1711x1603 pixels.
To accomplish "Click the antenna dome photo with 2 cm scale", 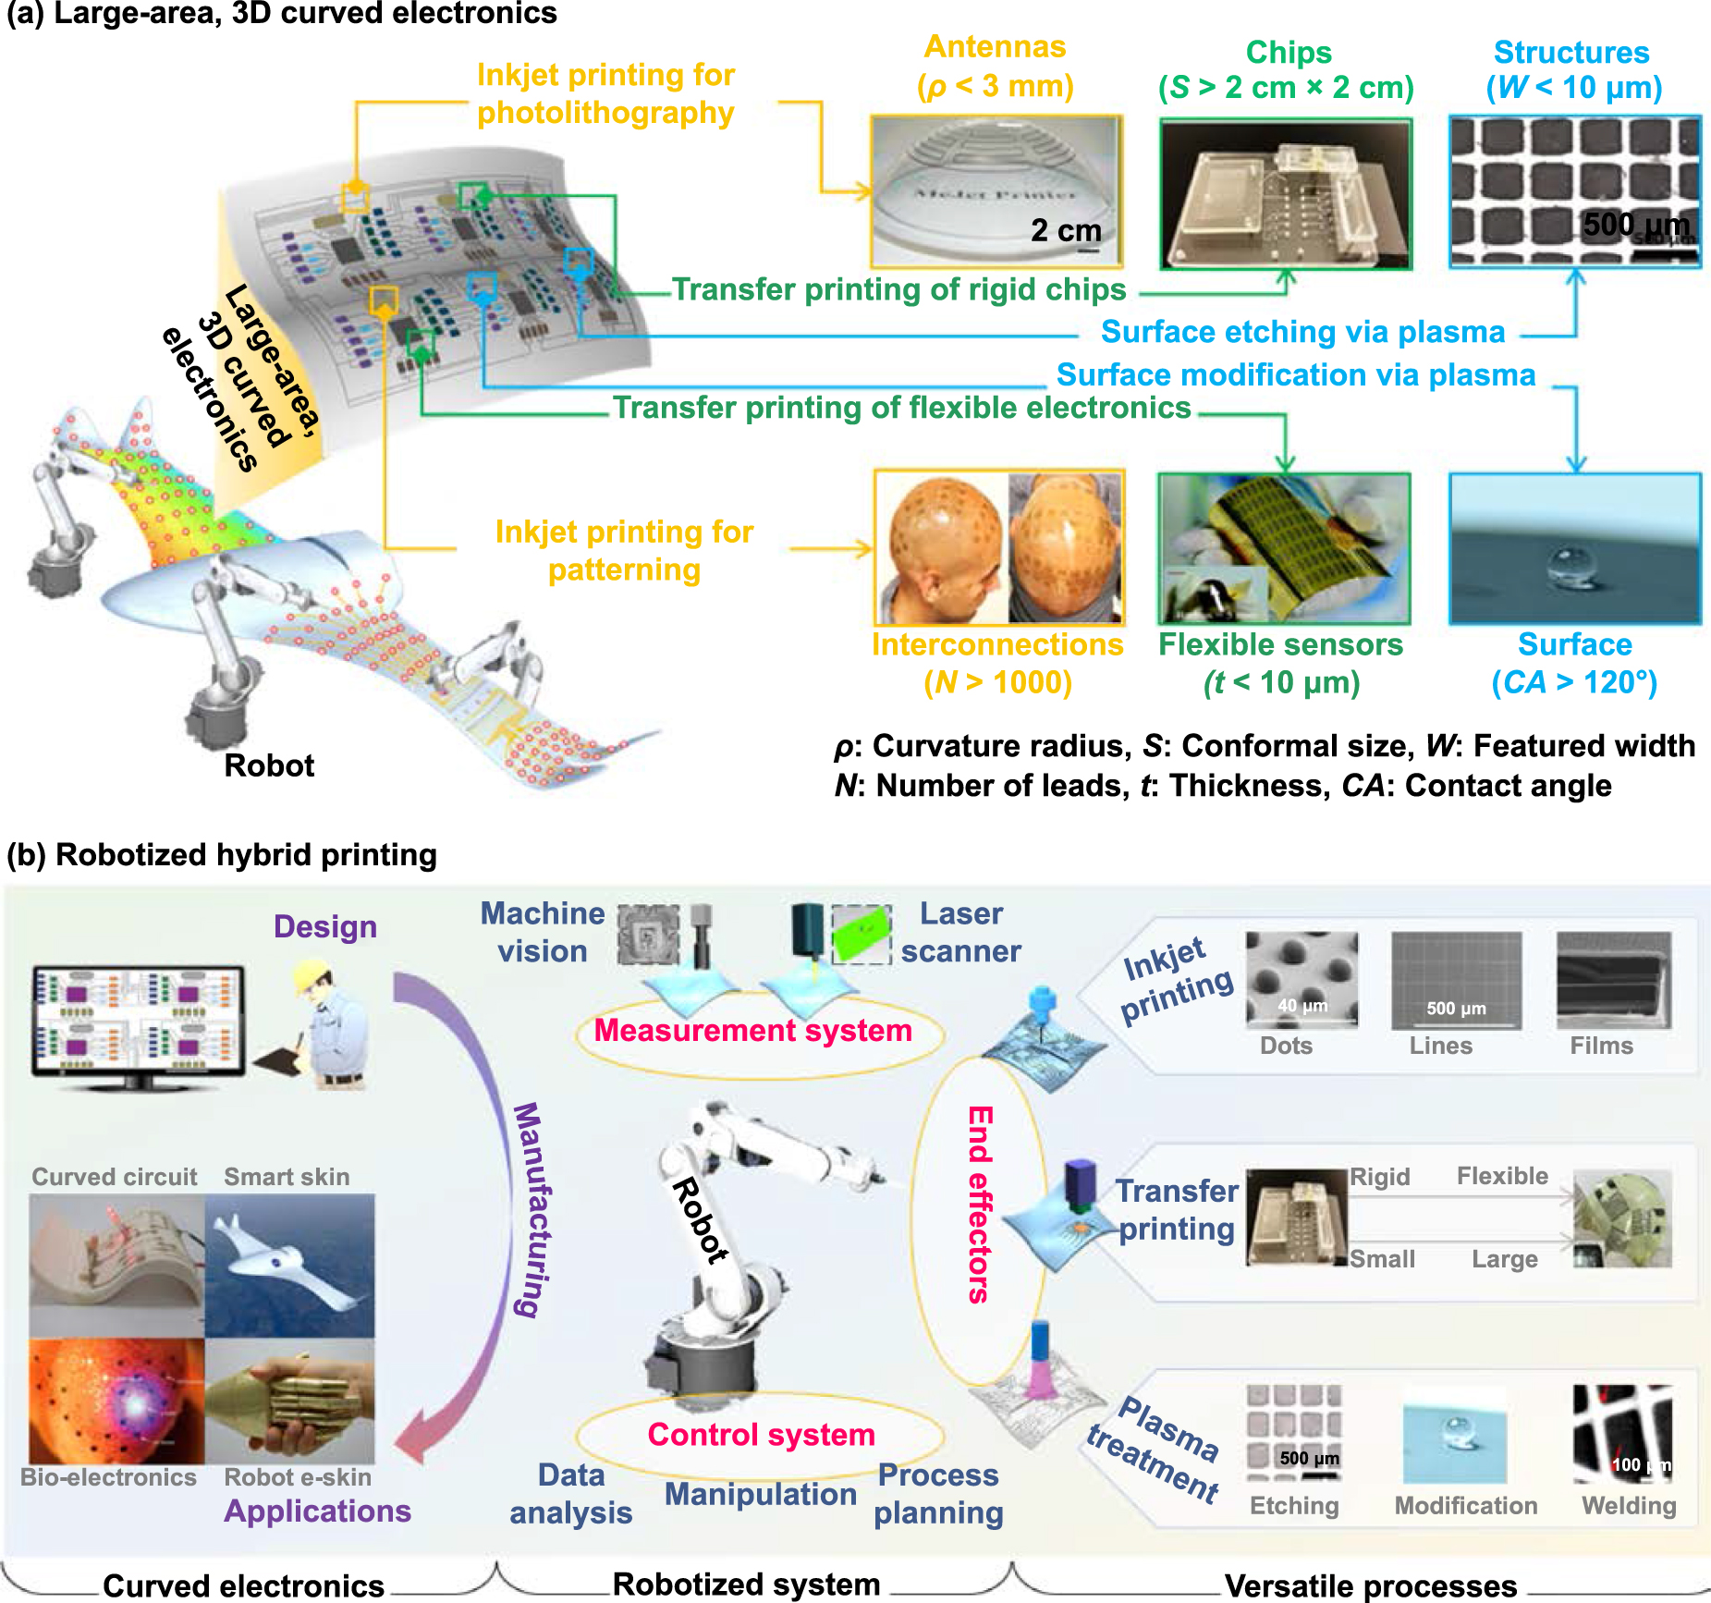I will point(996,191).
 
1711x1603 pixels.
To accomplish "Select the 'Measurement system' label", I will point(752,1030).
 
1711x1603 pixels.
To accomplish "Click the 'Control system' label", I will point(761,1434).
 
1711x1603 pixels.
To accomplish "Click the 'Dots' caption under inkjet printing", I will point(1286,1046).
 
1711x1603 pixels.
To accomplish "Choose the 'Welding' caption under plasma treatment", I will point(1629,1505).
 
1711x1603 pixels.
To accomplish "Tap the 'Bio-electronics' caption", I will point(108,1477).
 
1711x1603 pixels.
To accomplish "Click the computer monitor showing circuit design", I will point(138,1021).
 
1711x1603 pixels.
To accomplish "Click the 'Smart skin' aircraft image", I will point(289,1265).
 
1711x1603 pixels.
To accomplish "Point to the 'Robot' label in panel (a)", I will point(269,765).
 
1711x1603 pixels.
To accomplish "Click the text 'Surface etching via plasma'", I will point(1302,331).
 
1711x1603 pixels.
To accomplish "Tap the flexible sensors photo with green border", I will point(1284,548).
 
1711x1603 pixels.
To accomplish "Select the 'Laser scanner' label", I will point(960,932).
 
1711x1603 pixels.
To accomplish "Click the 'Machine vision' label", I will point(543,932).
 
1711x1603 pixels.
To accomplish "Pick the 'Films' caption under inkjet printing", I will point(1601,1046).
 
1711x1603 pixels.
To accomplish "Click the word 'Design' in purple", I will point(325,926).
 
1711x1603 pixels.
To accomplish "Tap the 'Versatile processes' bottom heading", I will point(1370,1585).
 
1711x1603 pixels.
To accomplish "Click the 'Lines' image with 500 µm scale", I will point(1455,980).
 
